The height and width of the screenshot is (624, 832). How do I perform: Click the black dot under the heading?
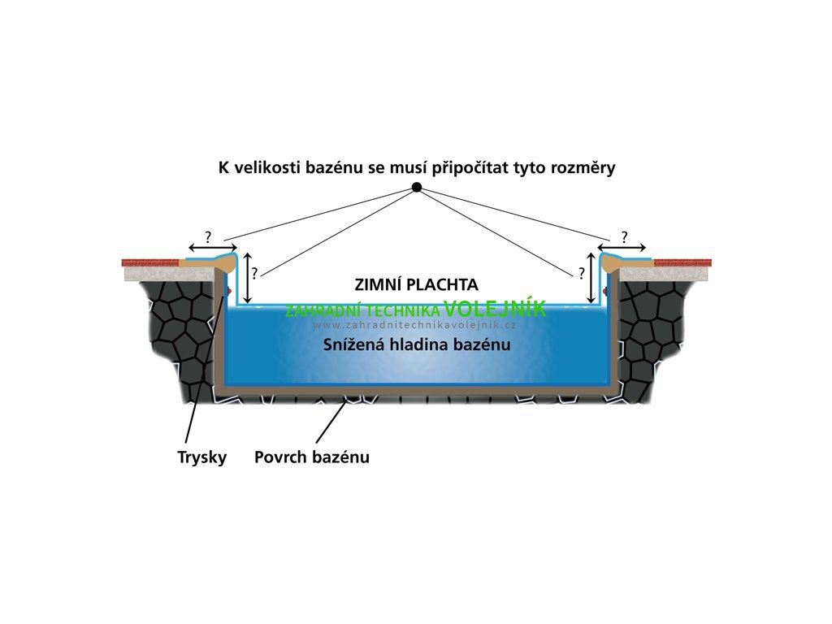(x=417, y=188)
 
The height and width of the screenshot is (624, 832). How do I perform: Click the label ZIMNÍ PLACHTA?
(x=416, y=285)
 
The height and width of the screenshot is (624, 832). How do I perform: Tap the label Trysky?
(x=201, y=457)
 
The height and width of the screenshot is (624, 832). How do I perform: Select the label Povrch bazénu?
(x=311, y=457)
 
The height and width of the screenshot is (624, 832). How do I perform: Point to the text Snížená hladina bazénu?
(x=417, y=344)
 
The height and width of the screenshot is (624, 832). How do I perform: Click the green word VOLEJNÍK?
(x=495, y=309)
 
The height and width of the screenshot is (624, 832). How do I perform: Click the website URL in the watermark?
(x=415, y=325)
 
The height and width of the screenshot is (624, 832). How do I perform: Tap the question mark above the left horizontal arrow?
(x=208, y=237)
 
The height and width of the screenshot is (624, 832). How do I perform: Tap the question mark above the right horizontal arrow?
(x=624, y=236)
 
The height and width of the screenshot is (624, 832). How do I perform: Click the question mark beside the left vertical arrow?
(x=254, y=274)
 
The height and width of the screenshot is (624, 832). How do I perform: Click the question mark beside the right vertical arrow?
(x=582, y=274)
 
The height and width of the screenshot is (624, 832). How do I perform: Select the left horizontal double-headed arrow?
(x=213, y=247)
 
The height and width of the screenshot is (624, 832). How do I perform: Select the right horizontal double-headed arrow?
(x=622, y=247)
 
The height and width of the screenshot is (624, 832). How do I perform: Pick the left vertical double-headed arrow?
(x=247, y=279)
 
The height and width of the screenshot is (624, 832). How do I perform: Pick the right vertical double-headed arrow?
(x=591, y=279)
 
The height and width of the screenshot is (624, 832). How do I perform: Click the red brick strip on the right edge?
(x=682, y=262)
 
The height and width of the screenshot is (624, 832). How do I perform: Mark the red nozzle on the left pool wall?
(x=230, y=291)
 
